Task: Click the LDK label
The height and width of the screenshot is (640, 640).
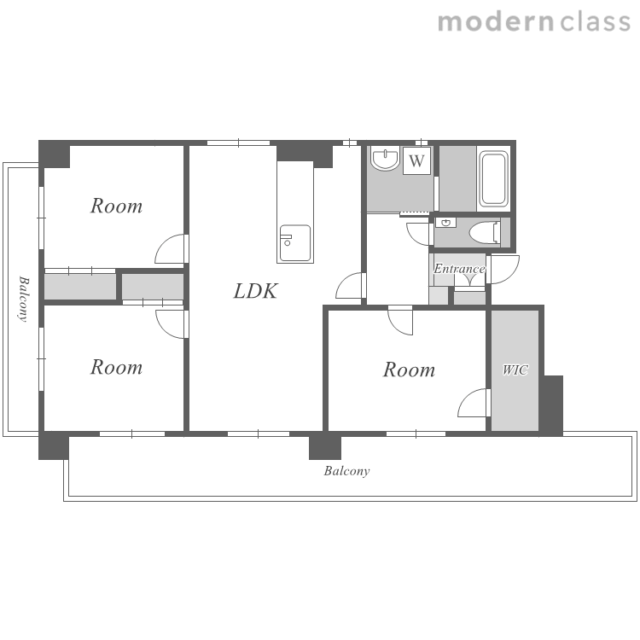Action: (x=255, y=291)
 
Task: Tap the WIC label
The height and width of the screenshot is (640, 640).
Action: (x=515, y=369)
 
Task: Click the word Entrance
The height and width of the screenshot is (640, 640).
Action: (x=459, y=269)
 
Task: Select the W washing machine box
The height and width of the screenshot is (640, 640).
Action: (x=416, y=160)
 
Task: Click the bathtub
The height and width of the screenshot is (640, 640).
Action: (x=493, y=179)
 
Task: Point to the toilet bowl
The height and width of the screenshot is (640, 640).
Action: (x=485, y=233)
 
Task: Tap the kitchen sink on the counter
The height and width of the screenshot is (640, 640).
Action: (x=294, y=243)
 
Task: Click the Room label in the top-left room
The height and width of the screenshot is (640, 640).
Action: (x=116, y=206)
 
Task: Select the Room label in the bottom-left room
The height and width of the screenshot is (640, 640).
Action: (x=116, y=367)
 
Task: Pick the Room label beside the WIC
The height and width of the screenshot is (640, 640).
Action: (x=409, y=369)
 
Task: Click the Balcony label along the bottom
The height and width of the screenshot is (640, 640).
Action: (x=347, y=471)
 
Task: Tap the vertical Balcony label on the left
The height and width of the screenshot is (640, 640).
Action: (x=24, y=300)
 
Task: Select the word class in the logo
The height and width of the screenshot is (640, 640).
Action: (x=595, y=22)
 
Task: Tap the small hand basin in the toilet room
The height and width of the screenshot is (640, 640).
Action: (x=445, y=223)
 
